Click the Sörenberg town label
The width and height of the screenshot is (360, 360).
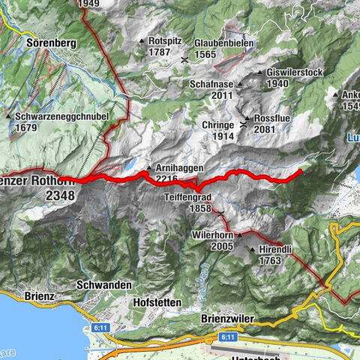coord(52,43)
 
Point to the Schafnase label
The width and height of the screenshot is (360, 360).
coord(211,85)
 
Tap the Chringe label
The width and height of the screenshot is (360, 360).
coord(218,124)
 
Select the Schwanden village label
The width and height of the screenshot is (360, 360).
coord(103,286)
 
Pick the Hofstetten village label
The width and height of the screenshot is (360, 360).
coord(156,302)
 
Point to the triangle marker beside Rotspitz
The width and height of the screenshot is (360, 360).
coord(142,41)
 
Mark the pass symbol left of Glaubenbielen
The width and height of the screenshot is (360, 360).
coord(184,58)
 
